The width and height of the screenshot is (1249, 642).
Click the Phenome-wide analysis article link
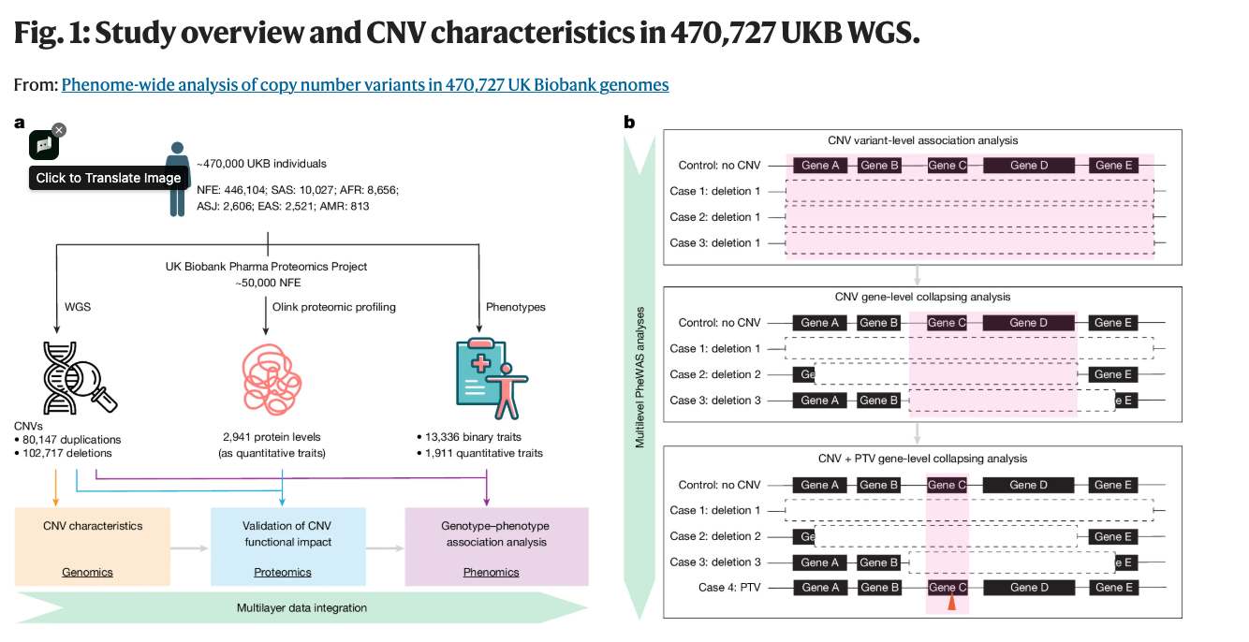point(364,85)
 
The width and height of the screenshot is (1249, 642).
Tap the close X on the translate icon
point(59,130)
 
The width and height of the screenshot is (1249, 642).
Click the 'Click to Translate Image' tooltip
point(109,178)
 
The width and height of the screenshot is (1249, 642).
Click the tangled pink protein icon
point(272,379)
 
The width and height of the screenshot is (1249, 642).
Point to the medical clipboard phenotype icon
point(492,378)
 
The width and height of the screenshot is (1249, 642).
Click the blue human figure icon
point(177,179)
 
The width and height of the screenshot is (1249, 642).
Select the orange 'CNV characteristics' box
point(93,547)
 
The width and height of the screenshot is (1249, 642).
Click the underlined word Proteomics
point(283,573)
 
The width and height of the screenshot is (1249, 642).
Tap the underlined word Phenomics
point(492,573)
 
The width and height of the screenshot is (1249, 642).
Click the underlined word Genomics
point(87,573)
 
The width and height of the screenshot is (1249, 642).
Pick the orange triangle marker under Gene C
point(952,602)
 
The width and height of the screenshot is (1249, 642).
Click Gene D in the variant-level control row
point(1029,166)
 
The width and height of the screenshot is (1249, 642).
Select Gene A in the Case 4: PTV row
point(820,588)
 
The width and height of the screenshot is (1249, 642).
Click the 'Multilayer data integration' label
point(301,607)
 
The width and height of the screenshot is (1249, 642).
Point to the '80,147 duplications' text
point(71,440)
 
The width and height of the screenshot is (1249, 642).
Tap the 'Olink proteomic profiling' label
point(334,307)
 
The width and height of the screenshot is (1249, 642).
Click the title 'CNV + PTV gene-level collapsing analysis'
point(922,459)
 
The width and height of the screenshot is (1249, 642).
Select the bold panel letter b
point(629,122)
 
